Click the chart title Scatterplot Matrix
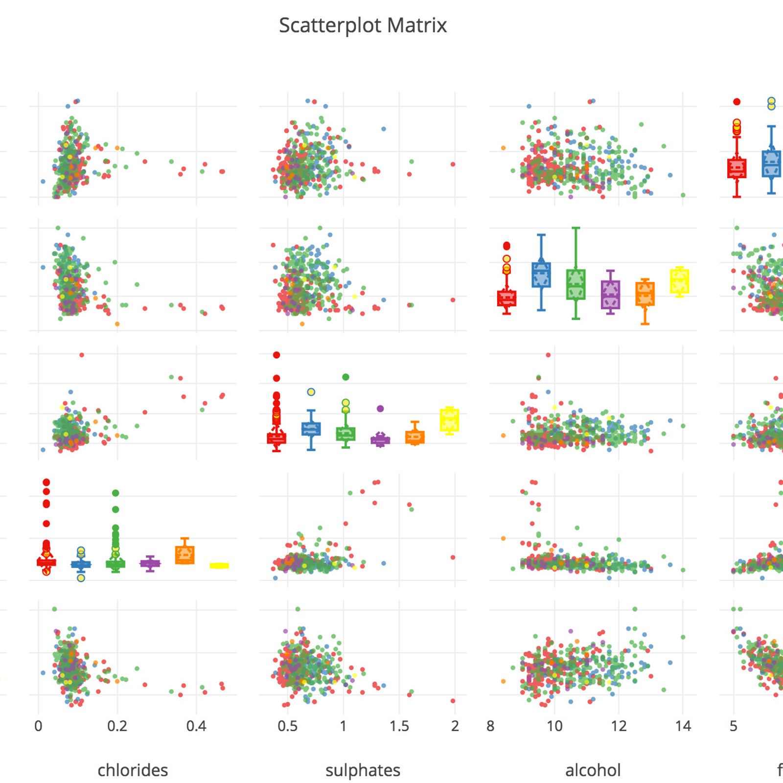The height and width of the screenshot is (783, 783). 363,25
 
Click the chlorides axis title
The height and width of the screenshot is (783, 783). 133,770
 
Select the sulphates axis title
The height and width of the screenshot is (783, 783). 363,770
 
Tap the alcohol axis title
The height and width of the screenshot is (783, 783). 593,770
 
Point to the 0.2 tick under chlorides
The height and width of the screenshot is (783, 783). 117,726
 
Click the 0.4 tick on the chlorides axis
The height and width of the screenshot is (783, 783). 196,726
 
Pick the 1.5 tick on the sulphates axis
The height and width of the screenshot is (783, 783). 399,726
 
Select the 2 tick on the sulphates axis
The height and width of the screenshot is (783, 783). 455,726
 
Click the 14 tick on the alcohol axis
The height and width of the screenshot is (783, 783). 683,726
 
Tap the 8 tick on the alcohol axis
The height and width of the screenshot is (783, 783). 490,726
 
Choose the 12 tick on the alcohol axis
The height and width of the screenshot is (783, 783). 619,726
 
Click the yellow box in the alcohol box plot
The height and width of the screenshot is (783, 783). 680,281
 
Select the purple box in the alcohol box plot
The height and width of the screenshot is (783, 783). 610,295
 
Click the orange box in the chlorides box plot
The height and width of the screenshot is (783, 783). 184,555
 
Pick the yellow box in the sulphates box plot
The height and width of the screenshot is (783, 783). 449,420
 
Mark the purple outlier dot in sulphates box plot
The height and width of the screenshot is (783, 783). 380,409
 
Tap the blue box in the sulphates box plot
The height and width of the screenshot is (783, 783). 311,429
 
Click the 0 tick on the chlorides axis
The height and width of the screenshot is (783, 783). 39,726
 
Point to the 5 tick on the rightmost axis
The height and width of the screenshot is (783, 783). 734,726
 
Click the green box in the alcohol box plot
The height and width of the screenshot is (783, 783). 576,284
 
